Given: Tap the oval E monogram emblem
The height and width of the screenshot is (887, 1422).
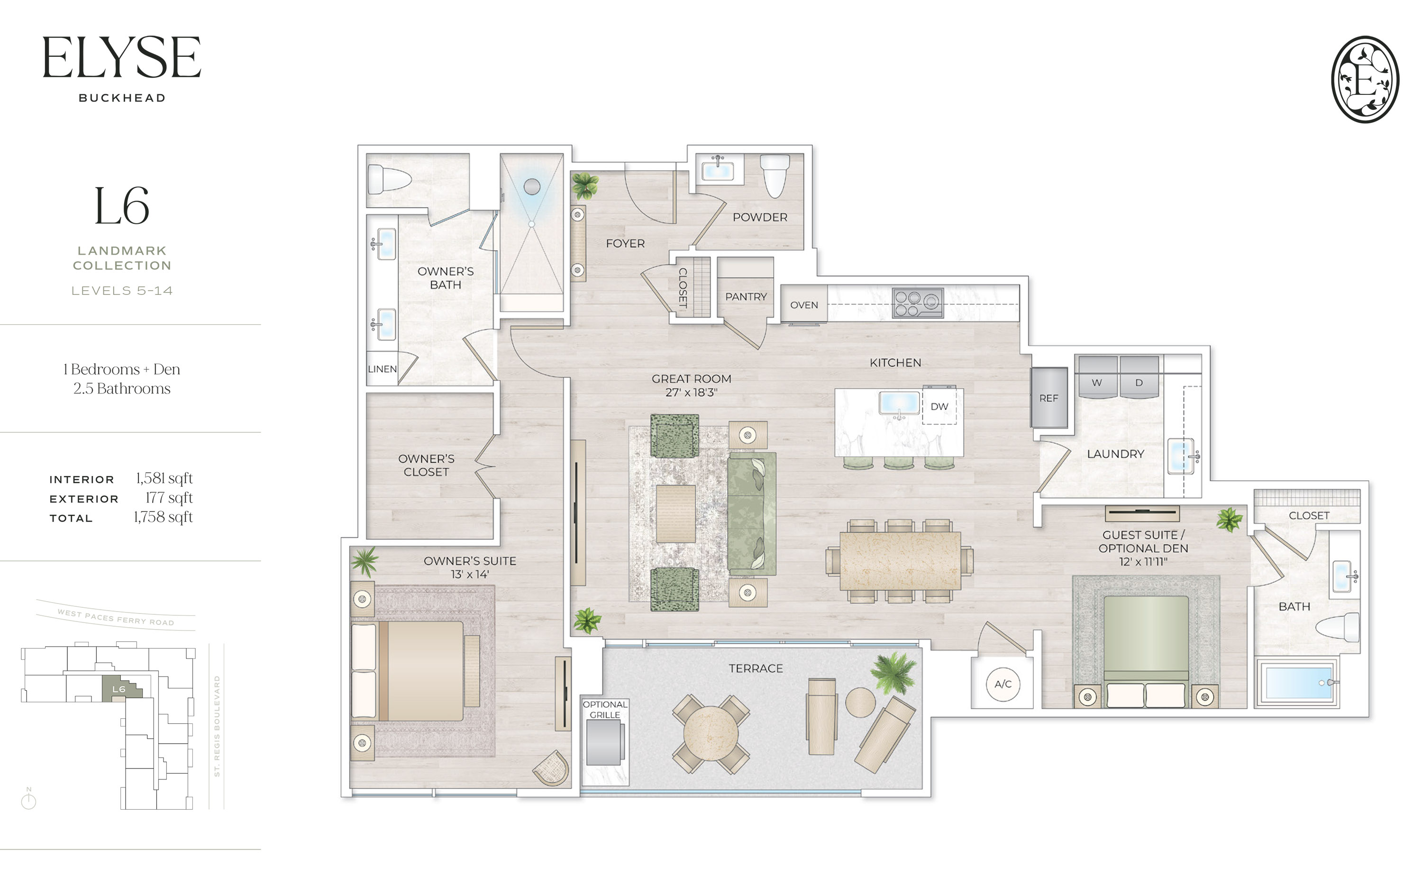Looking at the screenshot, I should point(1365,79).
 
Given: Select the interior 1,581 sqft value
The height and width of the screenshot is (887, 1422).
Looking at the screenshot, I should point(164,479).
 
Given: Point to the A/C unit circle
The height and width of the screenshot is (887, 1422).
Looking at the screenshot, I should point(1003,684).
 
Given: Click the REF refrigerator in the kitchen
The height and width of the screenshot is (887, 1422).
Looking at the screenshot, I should point(1048,398).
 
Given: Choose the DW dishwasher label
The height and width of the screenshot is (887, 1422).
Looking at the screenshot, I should point(939,406).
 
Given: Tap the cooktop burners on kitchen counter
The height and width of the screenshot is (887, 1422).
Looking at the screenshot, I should point(918,303).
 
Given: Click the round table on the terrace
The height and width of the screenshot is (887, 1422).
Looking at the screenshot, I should point(710,733).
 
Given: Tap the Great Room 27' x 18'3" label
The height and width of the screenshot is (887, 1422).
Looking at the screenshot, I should point(692,385).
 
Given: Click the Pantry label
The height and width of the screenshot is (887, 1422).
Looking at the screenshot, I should point(745,297).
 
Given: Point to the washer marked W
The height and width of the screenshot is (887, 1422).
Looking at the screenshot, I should point(1096,378).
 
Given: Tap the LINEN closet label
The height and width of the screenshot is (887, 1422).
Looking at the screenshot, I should point(382,369).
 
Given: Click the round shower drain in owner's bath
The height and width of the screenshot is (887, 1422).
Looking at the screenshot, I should point(531,187).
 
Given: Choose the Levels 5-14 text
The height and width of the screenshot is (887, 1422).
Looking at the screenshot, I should point(122,291).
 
